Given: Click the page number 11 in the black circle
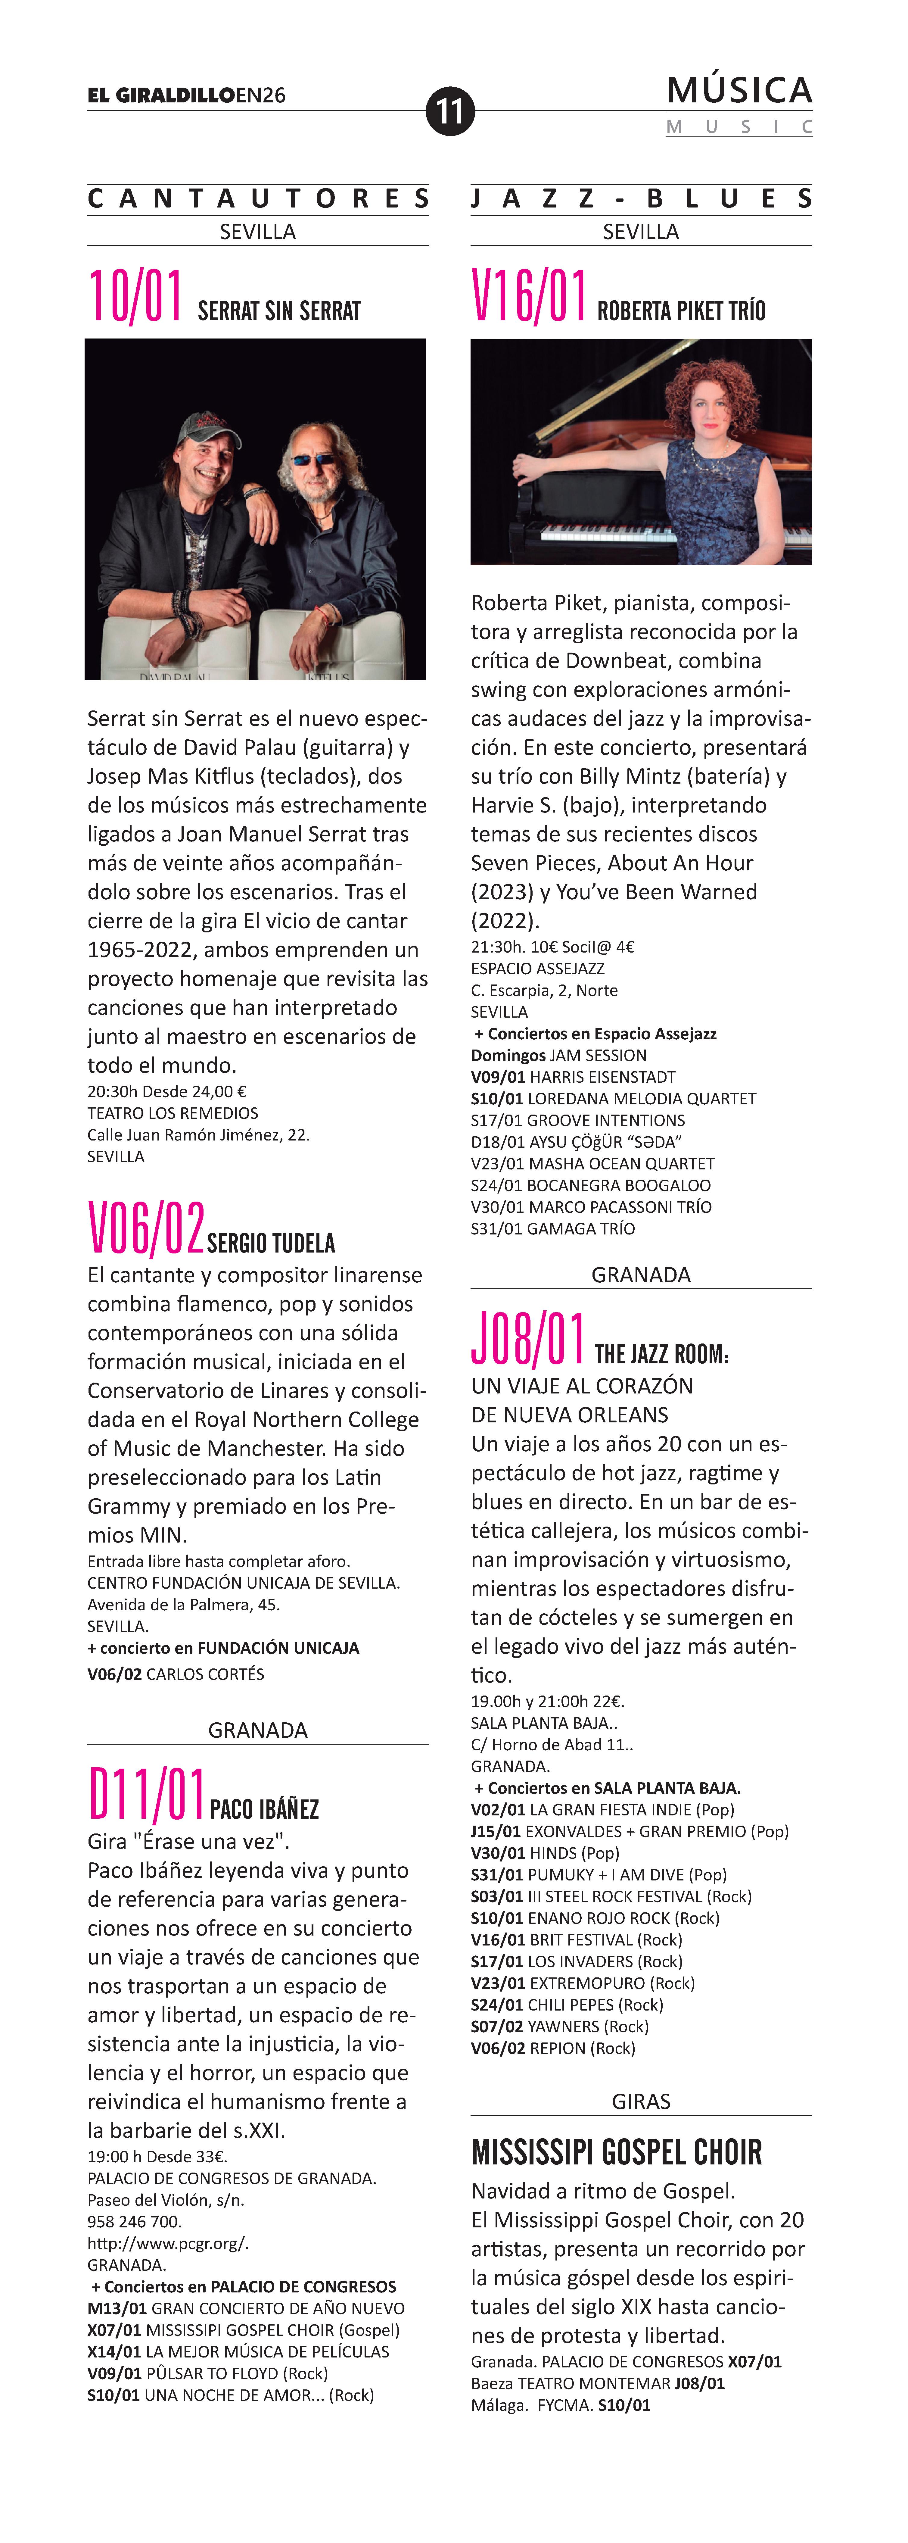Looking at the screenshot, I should pos(450,111).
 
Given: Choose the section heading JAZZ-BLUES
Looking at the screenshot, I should pos(641,198).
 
